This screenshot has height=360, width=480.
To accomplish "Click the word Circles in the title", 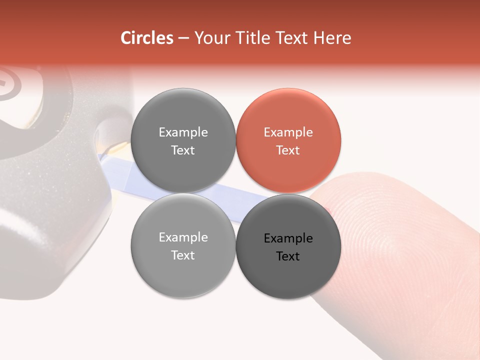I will coord(147,38).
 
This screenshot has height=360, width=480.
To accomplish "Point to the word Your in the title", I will coord(211,38).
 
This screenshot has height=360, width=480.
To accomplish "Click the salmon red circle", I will coord(288,141).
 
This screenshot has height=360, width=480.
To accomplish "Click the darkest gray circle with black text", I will coord(288,246).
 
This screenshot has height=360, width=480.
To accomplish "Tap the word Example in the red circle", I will coord(288,132).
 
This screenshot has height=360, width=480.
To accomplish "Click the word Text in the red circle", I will coord(288,150).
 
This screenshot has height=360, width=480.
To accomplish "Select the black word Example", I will coord(288,238).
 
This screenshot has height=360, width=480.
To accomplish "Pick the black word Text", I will coord(288,256).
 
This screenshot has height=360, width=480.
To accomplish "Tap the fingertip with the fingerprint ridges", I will coord(400,235).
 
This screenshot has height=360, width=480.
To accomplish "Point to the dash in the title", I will coord(183,38).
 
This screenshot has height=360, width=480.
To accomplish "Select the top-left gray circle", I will coord(183,141).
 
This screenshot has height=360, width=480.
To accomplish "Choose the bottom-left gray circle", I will coord(183,246).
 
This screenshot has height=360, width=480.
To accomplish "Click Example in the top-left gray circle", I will coord(183,132).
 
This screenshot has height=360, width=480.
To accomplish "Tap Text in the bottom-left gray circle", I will coord(183,255).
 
